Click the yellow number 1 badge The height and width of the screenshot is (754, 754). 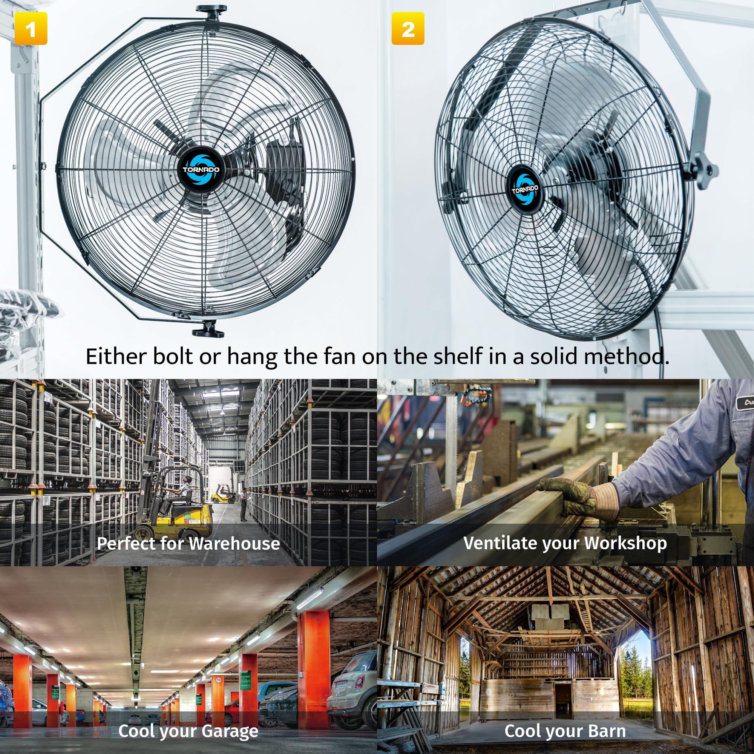click(x=31, y=29)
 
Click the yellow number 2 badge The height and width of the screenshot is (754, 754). click(x=408, y=29)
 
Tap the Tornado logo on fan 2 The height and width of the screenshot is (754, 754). click(x=525, y=190)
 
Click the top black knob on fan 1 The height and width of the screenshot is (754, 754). click(x=211, y=10)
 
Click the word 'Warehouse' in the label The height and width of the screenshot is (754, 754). click(x=234, y=544)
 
